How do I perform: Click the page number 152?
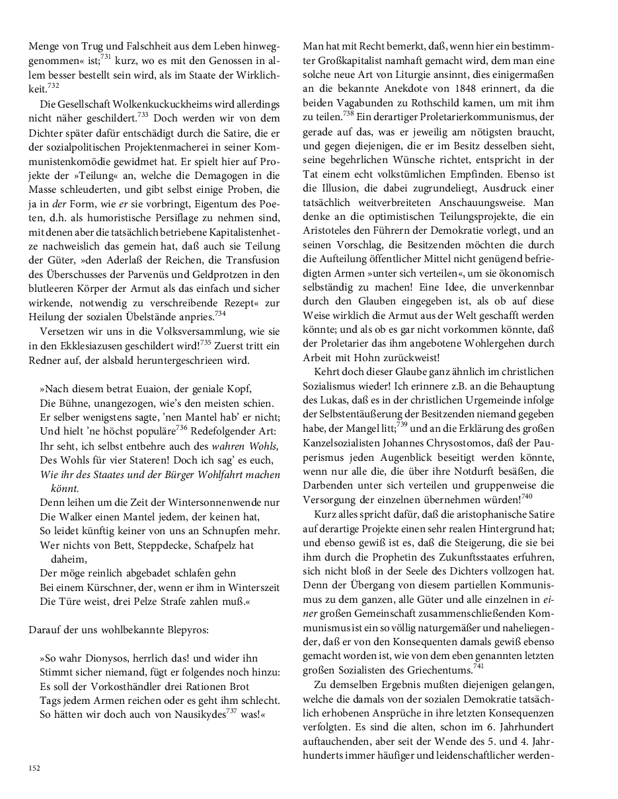tap(34, 767)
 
